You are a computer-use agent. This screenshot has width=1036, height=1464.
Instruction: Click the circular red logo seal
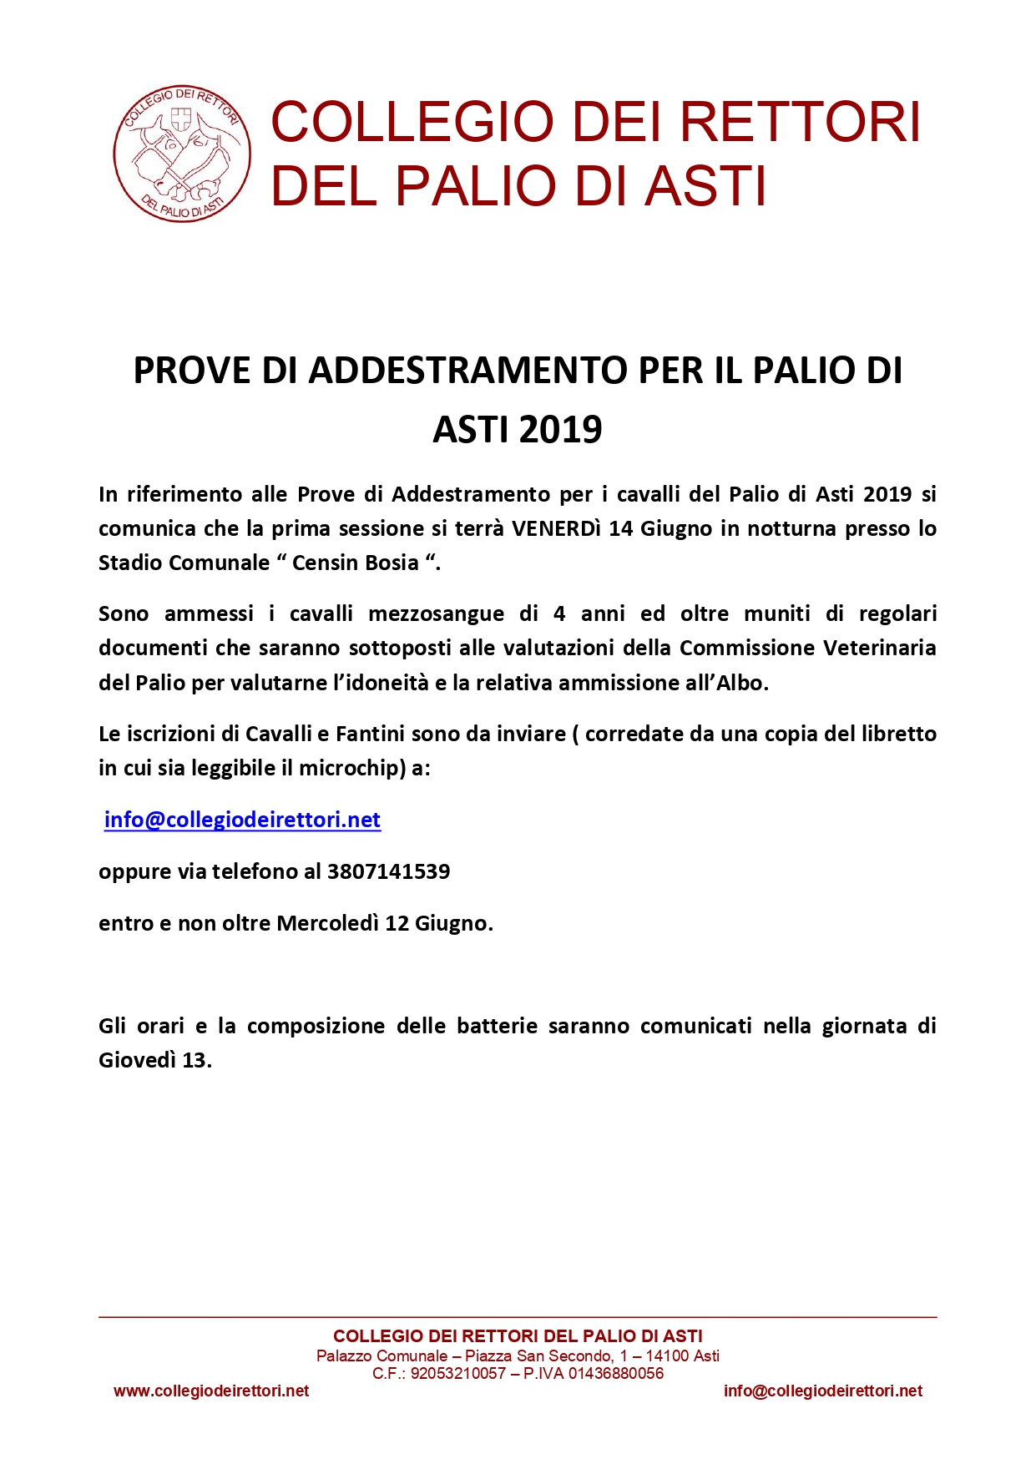(x=182, y=154)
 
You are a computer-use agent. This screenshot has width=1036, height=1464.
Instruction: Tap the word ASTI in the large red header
(x=705, y=185)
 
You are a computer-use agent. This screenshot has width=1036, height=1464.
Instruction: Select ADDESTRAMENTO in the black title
(x=467, y=371)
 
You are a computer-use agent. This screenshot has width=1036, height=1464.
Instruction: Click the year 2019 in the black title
(x=560, y=429)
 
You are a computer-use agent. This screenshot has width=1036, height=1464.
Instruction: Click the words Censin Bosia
(x=356, y=563)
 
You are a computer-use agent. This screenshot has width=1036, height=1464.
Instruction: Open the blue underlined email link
(x=242, y=820)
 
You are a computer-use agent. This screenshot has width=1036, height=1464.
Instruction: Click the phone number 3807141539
(x=388, y=871)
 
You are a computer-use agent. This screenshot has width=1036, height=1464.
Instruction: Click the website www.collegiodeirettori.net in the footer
(x=211, y=1391)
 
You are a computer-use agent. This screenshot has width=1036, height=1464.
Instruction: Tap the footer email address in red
(x=823, y=1391)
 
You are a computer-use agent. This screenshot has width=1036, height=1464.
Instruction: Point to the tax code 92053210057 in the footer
(x=458, y=1373)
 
